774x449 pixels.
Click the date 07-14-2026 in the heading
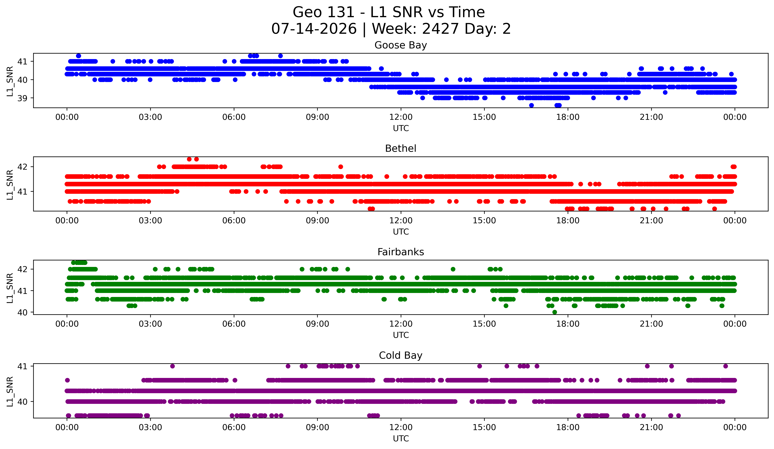(x=314, y=29)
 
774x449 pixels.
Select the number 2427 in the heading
(x=440, y=29)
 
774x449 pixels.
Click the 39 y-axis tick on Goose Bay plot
(x=22, y=98)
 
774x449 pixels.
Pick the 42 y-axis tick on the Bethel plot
(x=22, y=167)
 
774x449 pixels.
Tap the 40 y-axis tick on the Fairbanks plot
(x=22, y=312)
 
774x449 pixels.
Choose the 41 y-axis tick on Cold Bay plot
(x=22, y=366)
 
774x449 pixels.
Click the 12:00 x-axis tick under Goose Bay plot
(x=401, y=117)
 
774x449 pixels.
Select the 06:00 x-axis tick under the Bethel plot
(x=234, y=221)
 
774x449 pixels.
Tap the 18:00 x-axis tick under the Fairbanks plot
(x=568, y=324)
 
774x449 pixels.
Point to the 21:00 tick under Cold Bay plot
(x=651, y=428)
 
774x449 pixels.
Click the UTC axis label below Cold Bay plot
(x=401, y=439)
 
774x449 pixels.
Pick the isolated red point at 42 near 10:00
(x=341, y=167)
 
